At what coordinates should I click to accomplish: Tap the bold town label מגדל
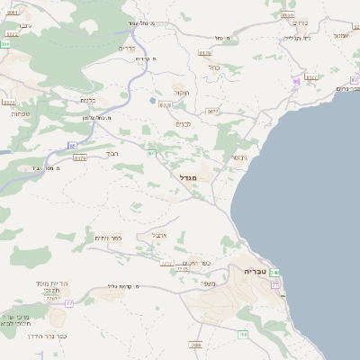click(x=193, y=177)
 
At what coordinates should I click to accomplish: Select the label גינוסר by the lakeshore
click(x=238, y=157)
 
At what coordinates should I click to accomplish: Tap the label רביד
click(x=112, y=155)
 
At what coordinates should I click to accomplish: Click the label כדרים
click(x=127, y=48)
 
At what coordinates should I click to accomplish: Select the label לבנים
click(x=183, y=124)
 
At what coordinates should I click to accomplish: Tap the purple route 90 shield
click(x=295, y=82)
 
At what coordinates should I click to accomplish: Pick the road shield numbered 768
click(x=243, y=335)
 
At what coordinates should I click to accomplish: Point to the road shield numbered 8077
click(x=212, y=112)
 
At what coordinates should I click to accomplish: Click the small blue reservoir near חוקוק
click(x=152, y=100)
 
